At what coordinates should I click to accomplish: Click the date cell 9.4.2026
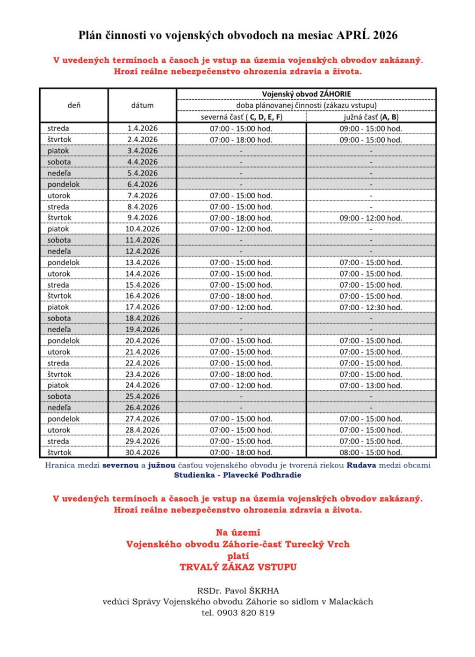pyautogui.click(x=142, y=218)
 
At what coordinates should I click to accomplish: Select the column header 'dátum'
pyautogui.click(x=142, y=105)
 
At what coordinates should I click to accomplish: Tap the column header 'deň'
pyautogui.click(x=74, y=105)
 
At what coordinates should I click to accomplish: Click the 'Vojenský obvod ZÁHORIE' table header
pyautogui.click(x=306, y=94)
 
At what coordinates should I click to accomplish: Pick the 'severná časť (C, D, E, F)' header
pyautogui.click(x=241, y=117)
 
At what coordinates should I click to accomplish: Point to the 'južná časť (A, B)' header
pyautogui.click(x=371, y=117)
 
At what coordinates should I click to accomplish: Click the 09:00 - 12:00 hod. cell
pyautogui.click(x=371, y=218)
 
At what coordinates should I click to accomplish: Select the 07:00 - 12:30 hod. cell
pyautogui.click(x=371, y=307)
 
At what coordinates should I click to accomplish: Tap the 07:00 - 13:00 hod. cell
pyautogui.click(x=371, y=386)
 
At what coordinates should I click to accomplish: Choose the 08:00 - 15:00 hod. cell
pyautogui.click(x=371, y=453)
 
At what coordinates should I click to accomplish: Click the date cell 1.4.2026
pyautogui.click(x=142, y=128)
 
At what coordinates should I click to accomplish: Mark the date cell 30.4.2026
pyautogui.click(x=142, y=453)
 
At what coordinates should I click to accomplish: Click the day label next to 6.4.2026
pyautogui.click(x=64, y=184)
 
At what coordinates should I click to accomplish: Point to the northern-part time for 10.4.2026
pyautogui.click(x=241, y=229)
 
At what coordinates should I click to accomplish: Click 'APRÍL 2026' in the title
pyautogui.click(x=367, y=35)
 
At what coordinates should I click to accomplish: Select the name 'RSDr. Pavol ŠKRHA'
pyautogui.click(x=238, y=591)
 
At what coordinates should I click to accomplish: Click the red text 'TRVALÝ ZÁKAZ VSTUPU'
pyautogui.click(x=238, y=567)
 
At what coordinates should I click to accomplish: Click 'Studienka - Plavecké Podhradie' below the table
pyautogui.click(x=237, y=475)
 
